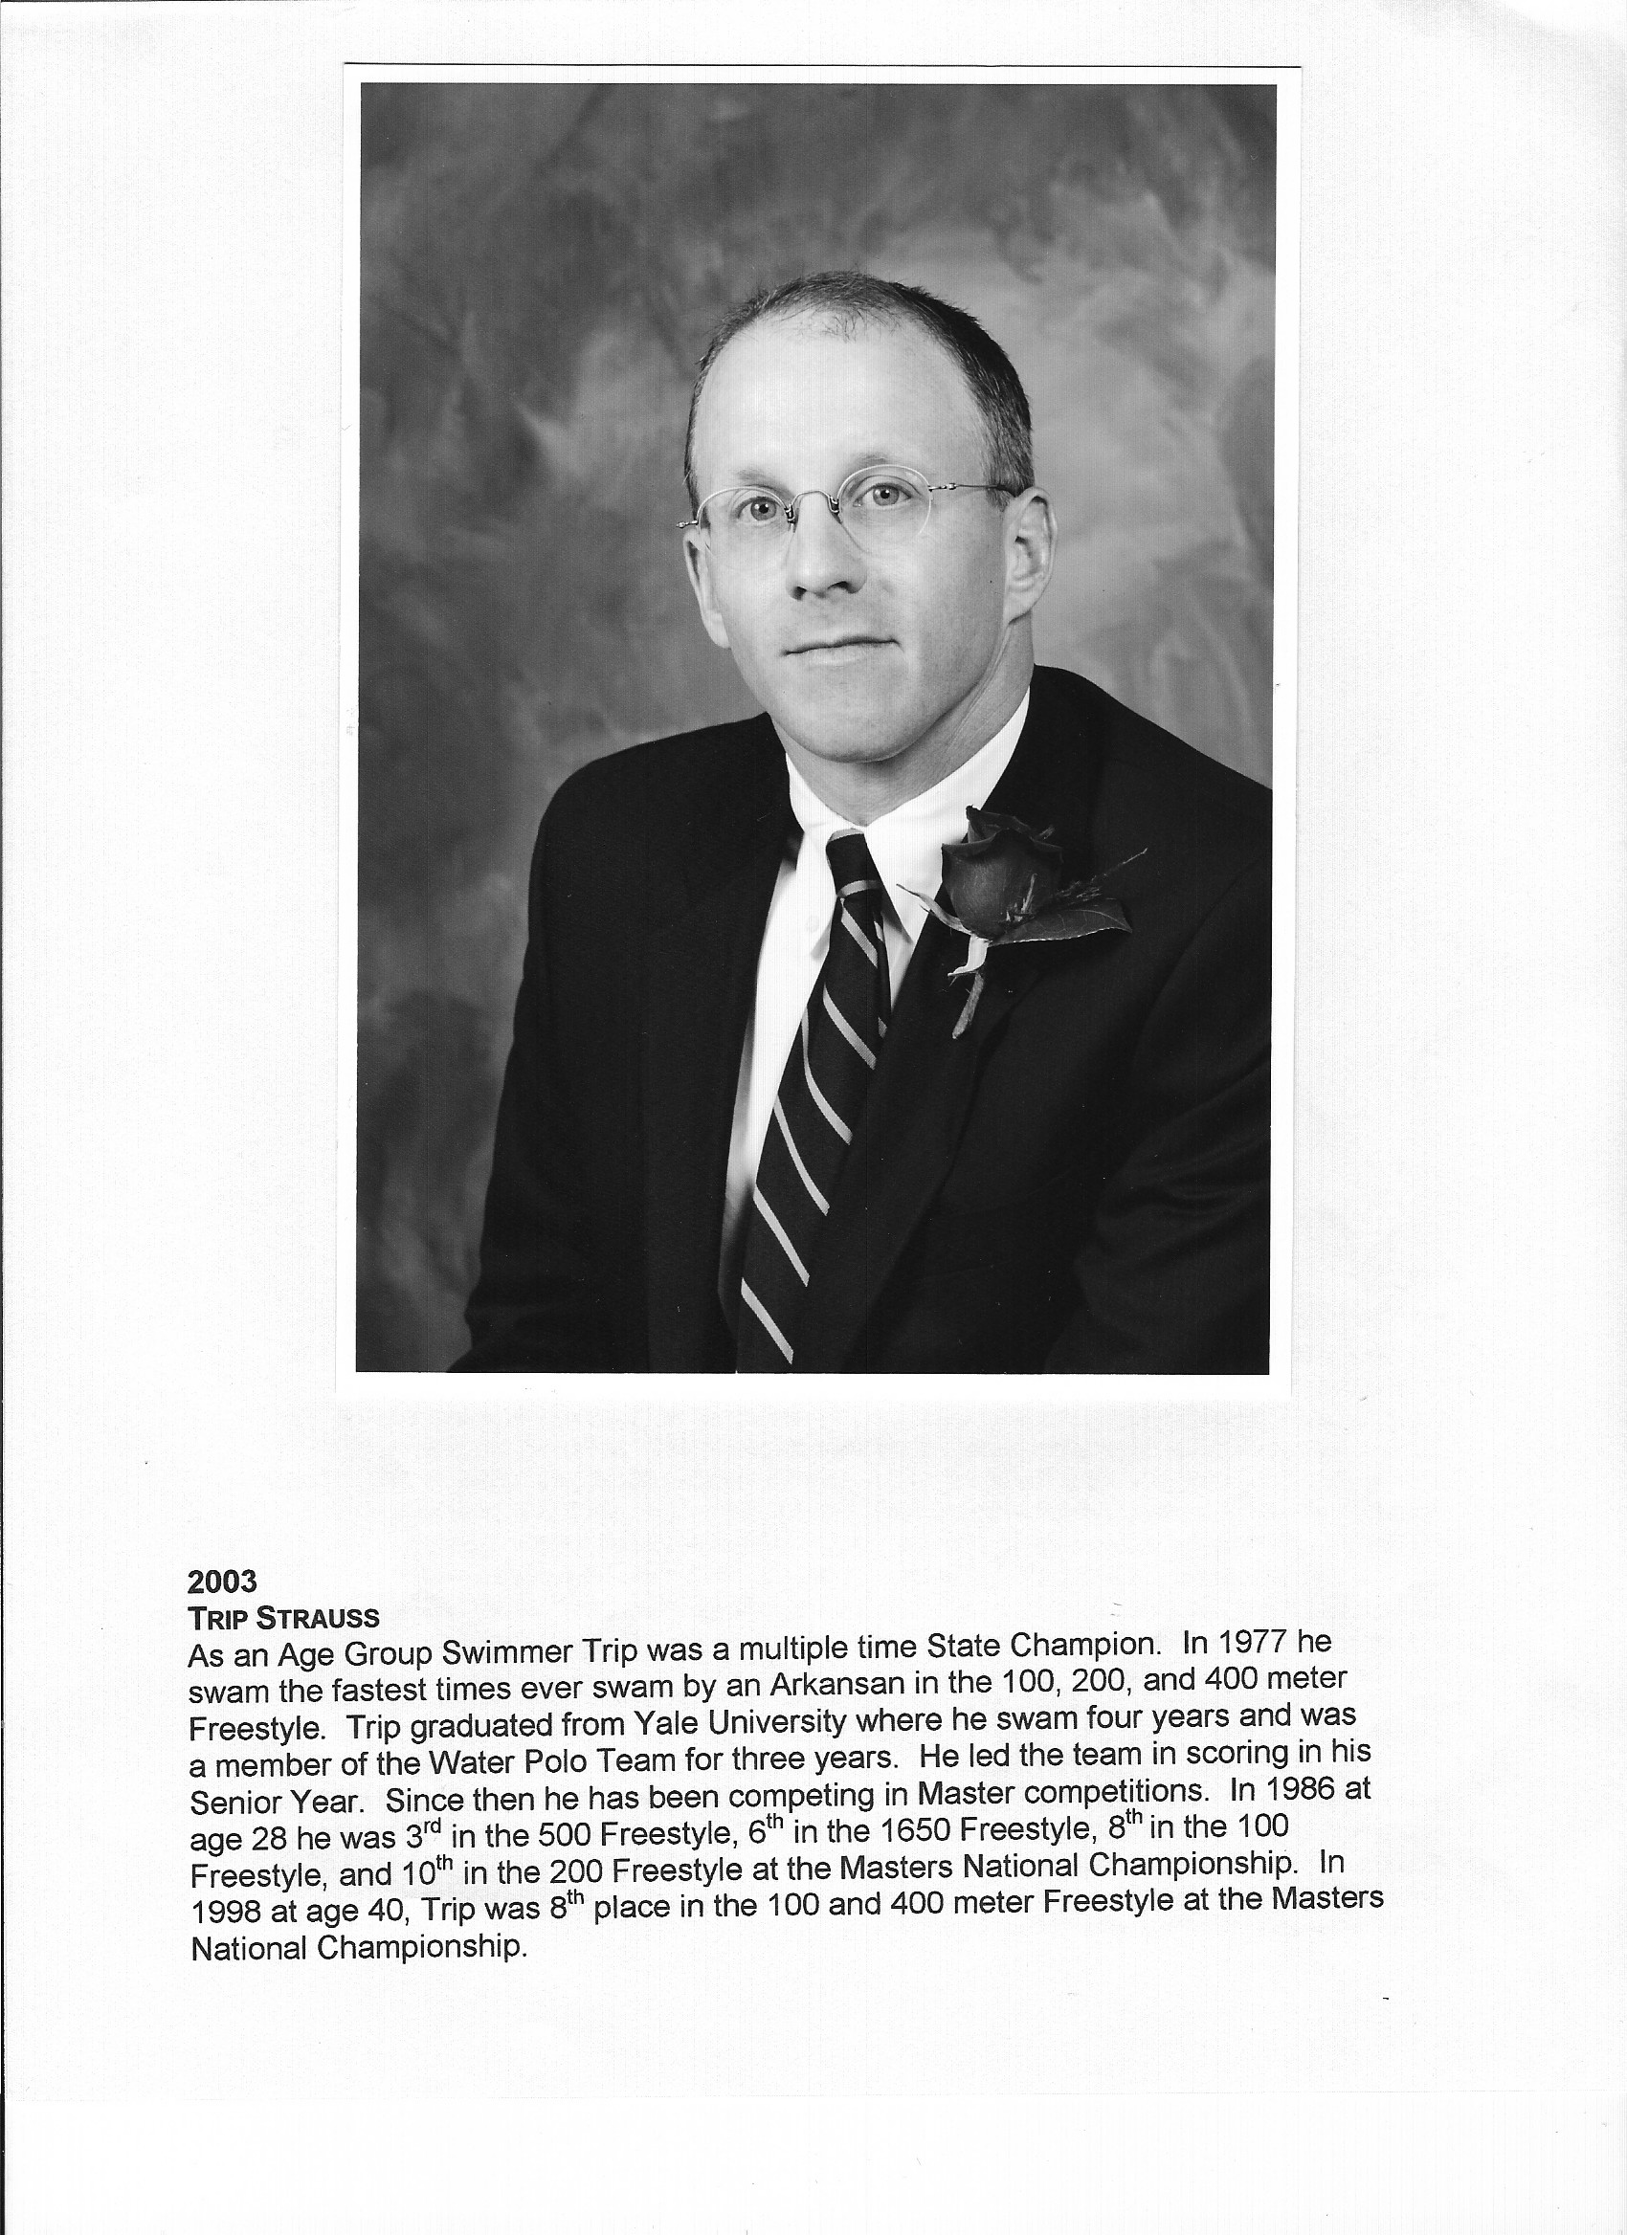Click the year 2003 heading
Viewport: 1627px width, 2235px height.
(x=222, y=1581)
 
